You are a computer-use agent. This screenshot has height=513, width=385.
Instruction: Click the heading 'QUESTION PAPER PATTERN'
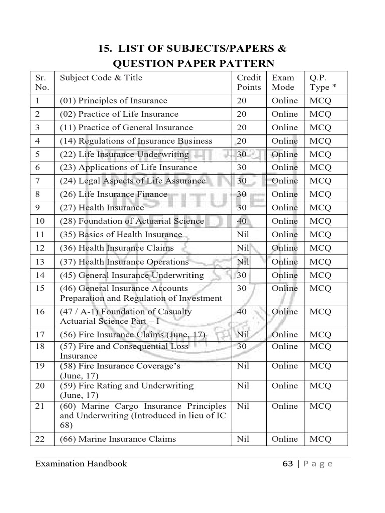point(193,63)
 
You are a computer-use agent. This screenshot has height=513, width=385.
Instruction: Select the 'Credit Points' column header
point(249,82)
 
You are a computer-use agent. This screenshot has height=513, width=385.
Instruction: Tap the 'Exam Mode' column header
point(283,82)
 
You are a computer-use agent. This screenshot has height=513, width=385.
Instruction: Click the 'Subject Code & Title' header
point(101,78)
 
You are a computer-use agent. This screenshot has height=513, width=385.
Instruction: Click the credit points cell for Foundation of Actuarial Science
point(243,221)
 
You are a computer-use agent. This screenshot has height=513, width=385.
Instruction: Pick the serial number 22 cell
point(40,439)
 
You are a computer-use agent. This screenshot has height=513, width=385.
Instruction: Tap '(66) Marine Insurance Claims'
point(118,439)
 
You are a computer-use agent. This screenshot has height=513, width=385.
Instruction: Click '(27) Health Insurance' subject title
point(102,208)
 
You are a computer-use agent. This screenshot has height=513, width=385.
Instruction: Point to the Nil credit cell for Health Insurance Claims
point(243,248)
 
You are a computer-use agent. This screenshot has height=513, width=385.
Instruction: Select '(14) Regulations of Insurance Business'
point(136,141)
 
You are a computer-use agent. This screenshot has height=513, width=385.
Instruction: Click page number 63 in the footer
point(287,464)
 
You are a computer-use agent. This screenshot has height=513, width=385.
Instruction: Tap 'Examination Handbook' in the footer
point(81,464)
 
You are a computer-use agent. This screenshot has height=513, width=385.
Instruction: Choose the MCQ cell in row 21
point(320,406)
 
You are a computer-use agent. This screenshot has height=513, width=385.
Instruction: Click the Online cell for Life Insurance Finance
point(284,194)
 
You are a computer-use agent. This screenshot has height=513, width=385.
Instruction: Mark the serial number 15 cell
point(40,288)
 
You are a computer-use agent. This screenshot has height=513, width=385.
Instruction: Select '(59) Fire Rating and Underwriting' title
point(126,386)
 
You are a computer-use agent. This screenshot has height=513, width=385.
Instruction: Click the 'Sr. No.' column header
point(42,82)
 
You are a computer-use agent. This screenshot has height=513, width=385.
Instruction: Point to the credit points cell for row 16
point(243,312)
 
